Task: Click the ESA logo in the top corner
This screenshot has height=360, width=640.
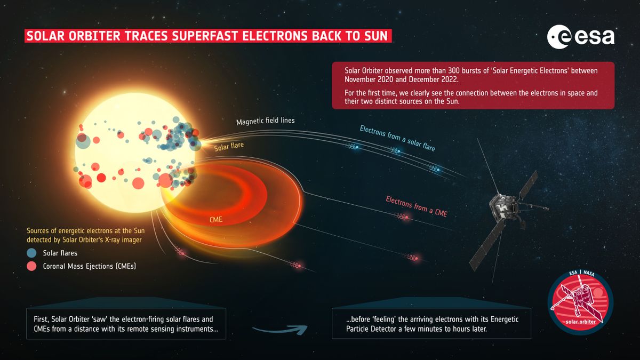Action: [x=580, y=37]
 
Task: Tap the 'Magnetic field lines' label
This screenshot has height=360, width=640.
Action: [x=266, y=122]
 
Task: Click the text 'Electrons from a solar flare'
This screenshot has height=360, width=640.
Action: [x=397, y=138]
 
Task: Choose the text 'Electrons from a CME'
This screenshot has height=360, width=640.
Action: [x=416, y=207]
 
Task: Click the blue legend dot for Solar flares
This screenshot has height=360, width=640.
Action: [x=33, y=253]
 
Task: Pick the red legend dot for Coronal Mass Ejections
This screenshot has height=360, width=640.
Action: [x=33, y=266]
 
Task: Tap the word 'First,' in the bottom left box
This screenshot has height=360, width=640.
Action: [x=41, y=319]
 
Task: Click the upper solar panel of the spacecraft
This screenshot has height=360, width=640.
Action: [x=526, y=185]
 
